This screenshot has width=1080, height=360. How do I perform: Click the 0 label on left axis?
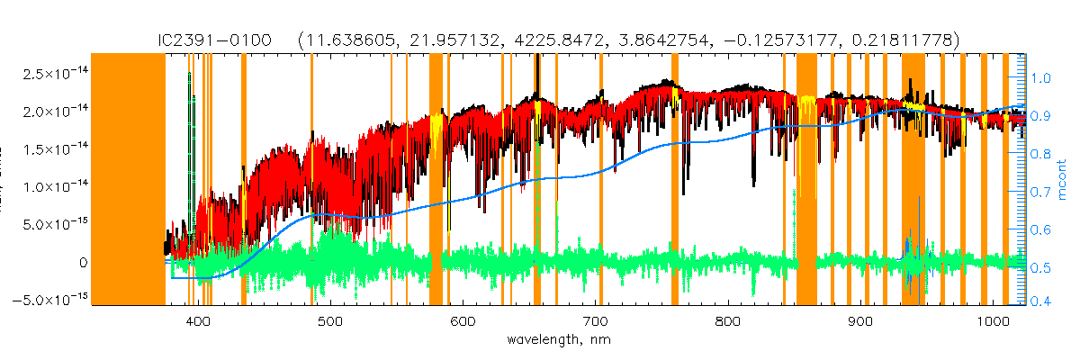coord(82,262)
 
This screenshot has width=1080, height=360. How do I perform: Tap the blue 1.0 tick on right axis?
coord(1040,78)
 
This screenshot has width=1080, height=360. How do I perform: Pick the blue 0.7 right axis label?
coord(1040,193)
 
